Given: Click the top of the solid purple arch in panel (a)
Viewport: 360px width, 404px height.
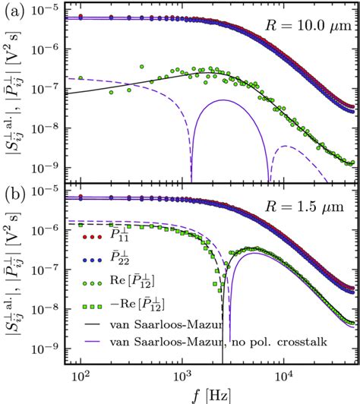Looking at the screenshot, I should point(226,100).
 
